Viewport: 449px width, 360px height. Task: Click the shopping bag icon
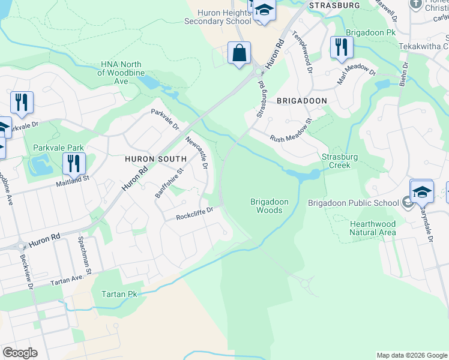239,52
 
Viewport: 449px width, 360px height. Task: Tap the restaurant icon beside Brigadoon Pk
340,47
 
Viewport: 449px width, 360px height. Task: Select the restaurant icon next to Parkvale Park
74,163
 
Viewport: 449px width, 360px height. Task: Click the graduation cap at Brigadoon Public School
421,191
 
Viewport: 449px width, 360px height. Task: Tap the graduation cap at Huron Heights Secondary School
264,11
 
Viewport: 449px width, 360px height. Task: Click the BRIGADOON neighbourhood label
301,101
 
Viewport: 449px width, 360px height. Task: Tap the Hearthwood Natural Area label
373,227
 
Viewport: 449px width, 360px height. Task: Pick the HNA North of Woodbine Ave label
121,73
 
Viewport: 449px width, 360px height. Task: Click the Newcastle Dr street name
197,152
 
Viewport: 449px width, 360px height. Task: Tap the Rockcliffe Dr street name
195,214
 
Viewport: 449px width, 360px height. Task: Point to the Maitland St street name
72,178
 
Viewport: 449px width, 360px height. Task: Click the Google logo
20,353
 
